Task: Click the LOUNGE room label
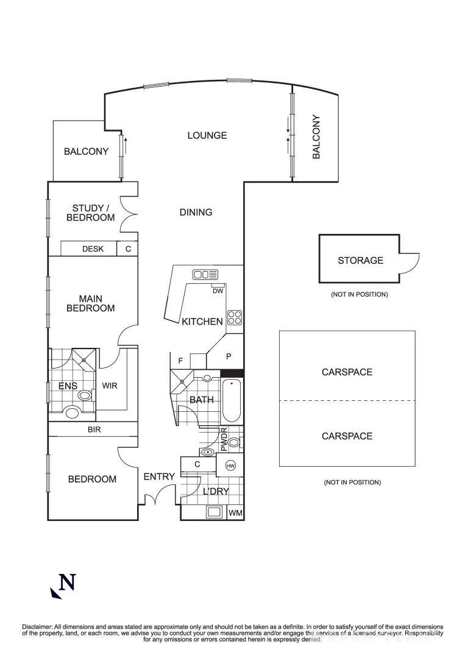click(x=207, y=135)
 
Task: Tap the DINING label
click(x=196, y=212)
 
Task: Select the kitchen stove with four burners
click(x=235, y=317)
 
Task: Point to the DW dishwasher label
click(x=218, y=291)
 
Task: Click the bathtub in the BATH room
click(x=232, y=400)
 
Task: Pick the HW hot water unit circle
click(x=230, y=466)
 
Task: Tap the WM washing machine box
click(x=235, y=513)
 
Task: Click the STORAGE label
click(x=360, y=260)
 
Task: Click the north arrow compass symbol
click(x=63, y=585)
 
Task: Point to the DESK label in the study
click(x=93, y=249)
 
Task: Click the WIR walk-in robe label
click(x=110, y=386)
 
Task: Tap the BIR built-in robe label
click(x=94, y=430)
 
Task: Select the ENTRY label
click(x=159, y=476)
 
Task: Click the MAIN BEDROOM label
click(x=90, y=303)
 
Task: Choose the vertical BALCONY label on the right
click(x=316, y=137)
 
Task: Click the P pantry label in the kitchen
click(x=229, y=356)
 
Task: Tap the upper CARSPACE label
click(x=347, y=372)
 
